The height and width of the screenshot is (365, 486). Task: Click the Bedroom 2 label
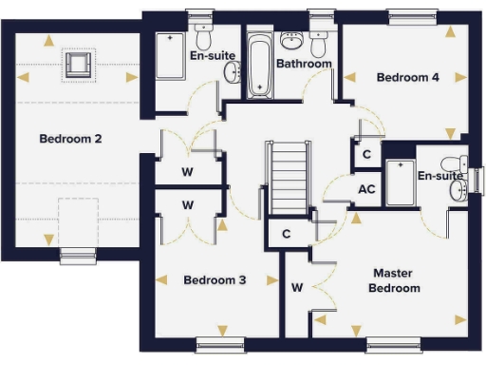point(70,139)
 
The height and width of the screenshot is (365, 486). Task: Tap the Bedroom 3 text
point(215,280)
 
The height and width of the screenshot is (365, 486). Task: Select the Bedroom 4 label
point(407,77)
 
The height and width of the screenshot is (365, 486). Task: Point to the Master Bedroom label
point(395,279)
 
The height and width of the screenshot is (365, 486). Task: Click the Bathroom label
point(304,64)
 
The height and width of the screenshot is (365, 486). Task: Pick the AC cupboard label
point(366,189)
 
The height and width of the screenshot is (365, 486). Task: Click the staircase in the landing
point(287,179)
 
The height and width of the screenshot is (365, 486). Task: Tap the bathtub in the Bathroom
point(258,66)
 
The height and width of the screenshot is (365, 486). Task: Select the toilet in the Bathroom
point(318,43)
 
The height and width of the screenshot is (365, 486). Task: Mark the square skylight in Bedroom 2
point(77,65)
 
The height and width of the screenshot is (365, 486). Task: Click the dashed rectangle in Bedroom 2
point(77,221)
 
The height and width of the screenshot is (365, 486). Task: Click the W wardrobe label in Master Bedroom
point(297,286)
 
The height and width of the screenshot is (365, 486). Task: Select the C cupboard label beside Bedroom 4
point(366,155)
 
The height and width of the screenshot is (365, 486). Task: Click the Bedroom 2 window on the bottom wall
point(77,254)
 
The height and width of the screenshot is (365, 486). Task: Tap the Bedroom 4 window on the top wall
point(414,16)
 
